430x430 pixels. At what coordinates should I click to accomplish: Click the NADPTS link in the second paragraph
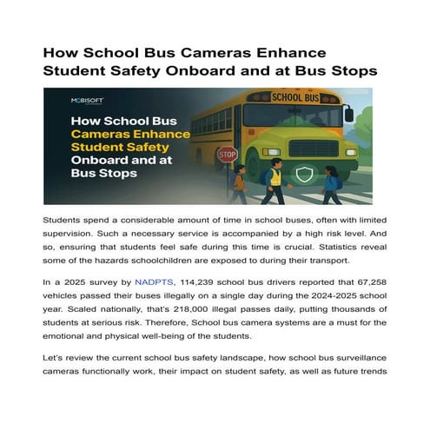[154, 282]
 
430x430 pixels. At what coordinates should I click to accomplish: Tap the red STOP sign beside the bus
[227, 155]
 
